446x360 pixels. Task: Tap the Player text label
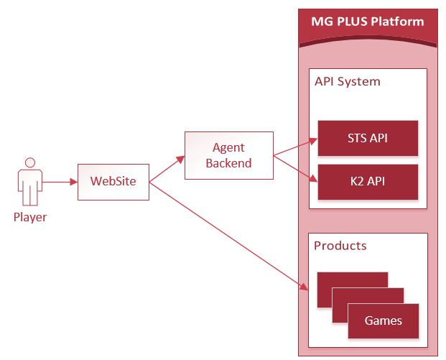click(30, 217)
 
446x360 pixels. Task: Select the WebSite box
click(113, 182)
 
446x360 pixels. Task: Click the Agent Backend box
click(228, 155)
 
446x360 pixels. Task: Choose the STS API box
click(368, 138)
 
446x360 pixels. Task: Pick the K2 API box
click(368, 182)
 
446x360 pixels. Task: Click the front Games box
click(384, 320)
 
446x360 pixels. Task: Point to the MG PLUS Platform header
click(368, 22)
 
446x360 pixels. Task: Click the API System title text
click(348, 82)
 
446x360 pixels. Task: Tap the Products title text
click(340, 246)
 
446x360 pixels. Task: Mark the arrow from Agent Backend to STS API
click(294, 147)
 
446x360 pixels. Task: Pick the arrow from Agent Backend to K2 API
click(294, 167)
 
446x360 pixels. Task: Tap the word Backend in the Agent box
click(228, 163)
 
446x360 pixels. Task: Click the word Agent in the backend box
click(228, 148)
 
